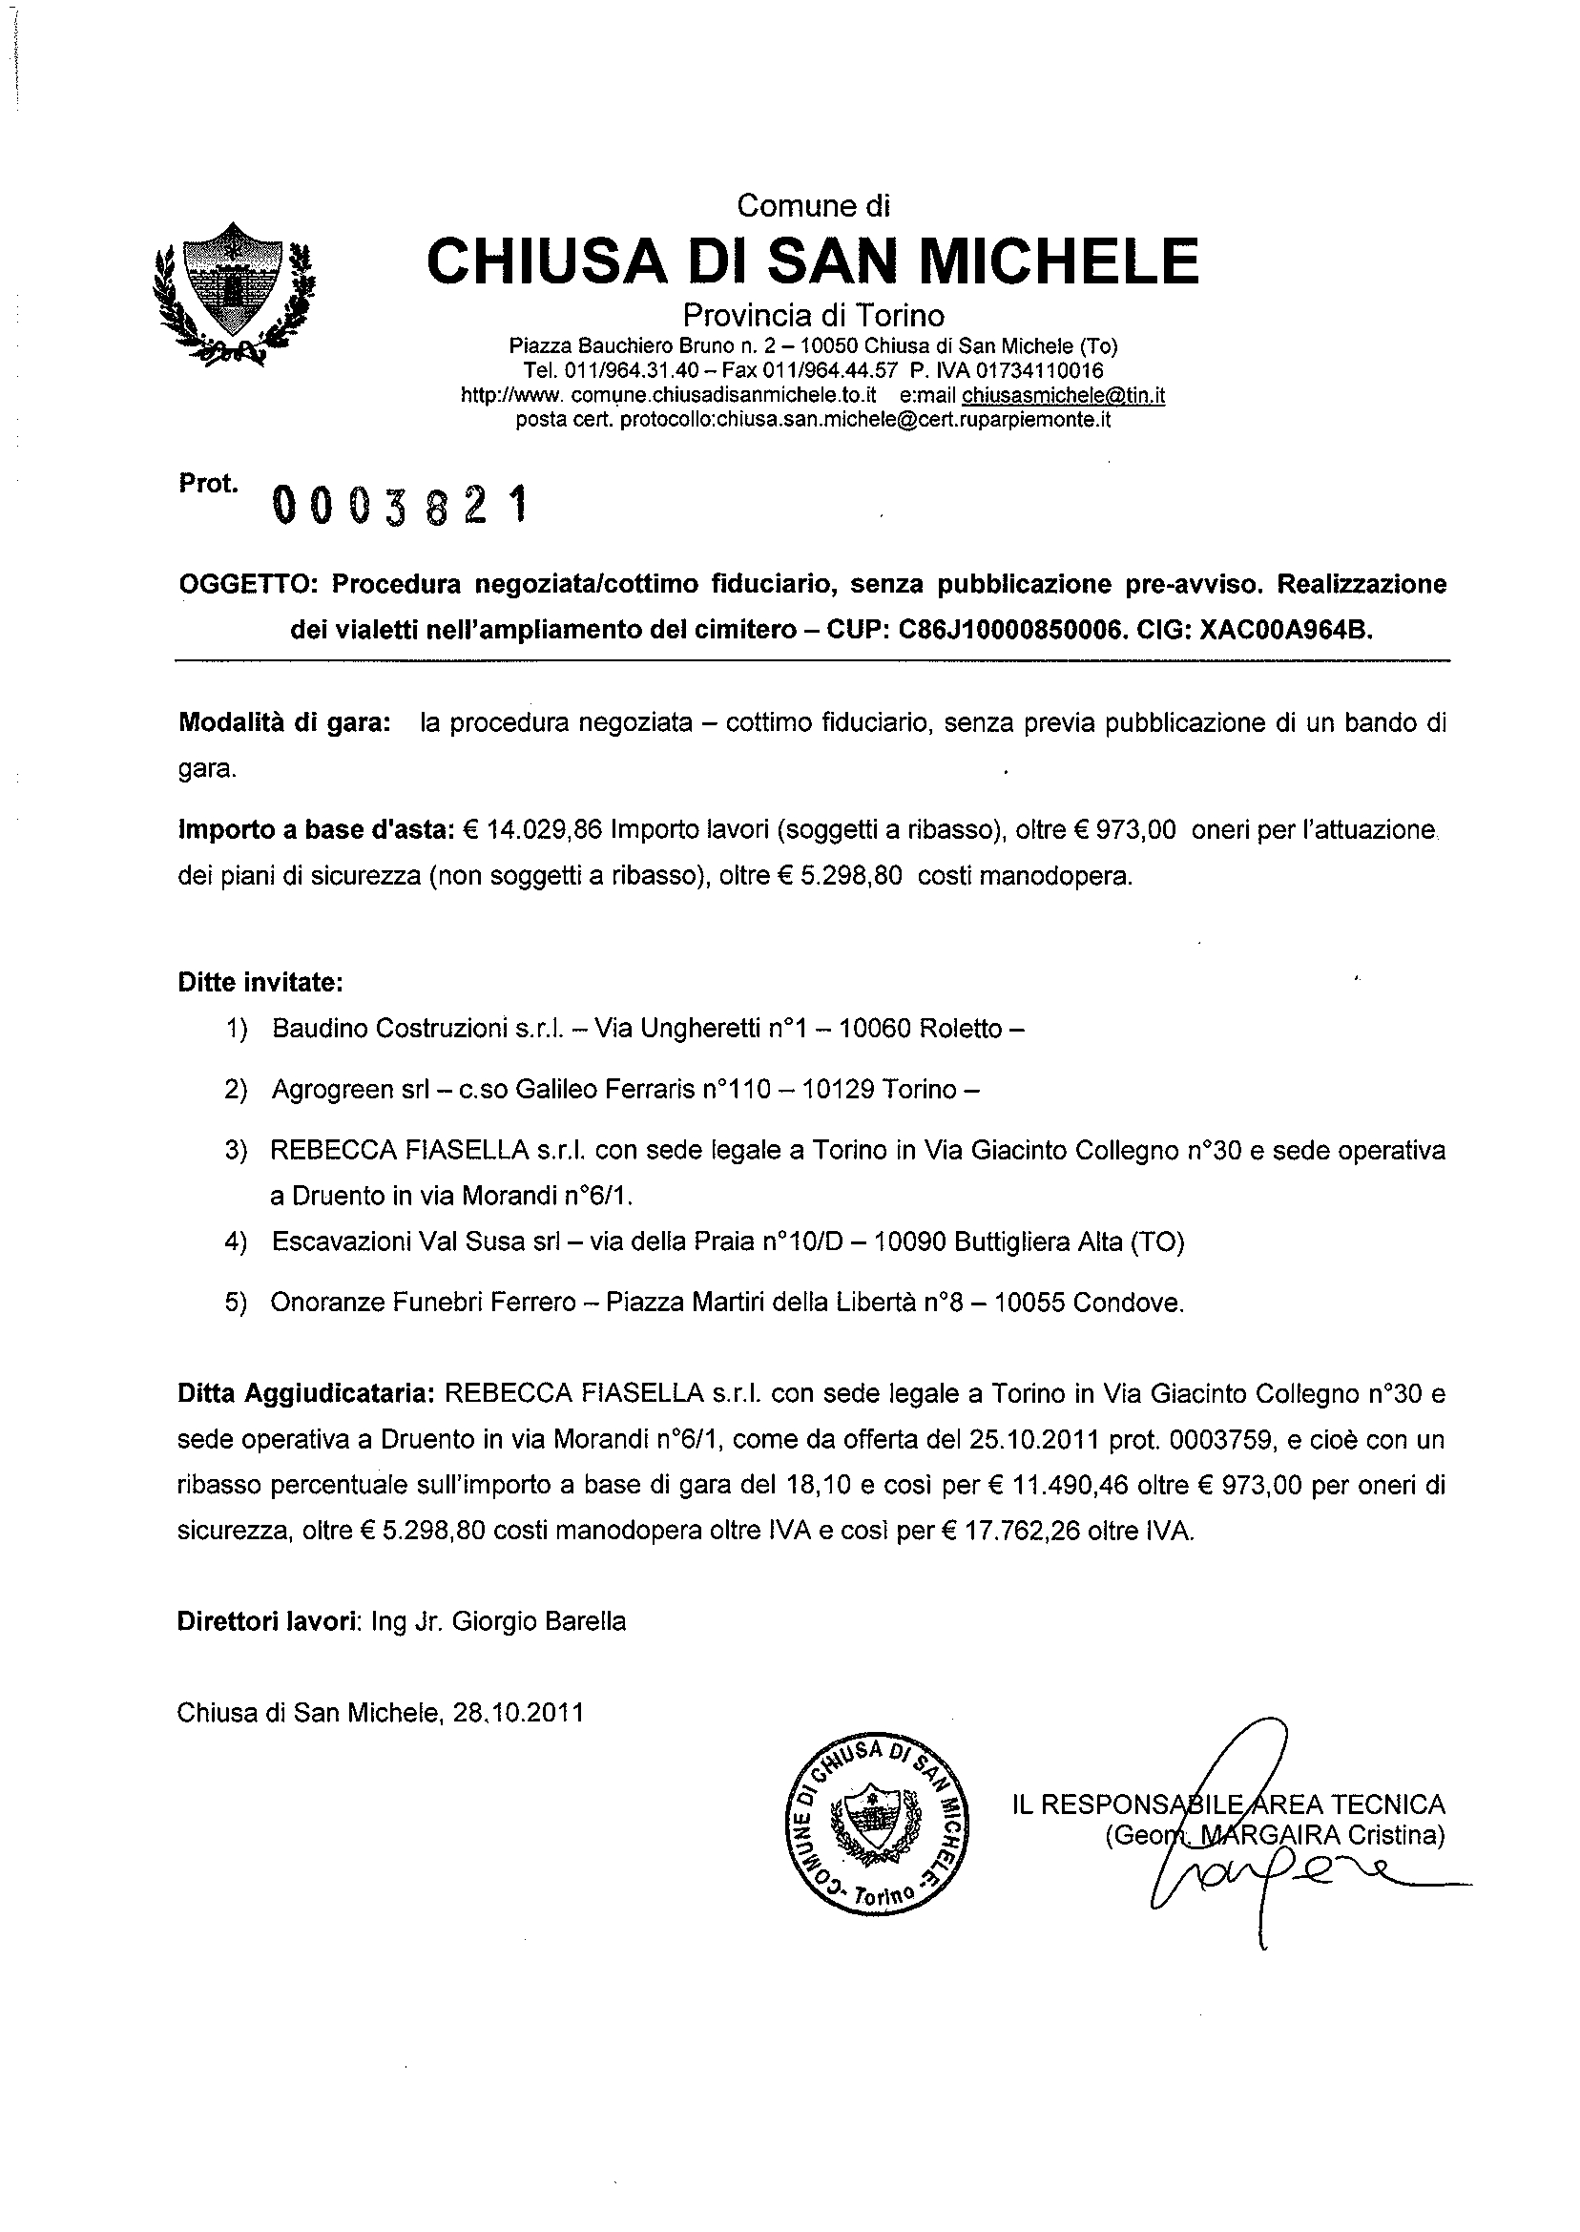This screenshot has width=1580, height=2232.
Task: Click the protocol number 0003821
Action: point(401,505)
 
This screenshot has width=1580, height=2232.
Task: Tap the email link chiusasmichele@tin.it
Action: point(1064,396)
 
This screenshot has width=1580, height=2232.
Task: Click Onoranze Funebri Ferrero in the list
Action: point(424,1303)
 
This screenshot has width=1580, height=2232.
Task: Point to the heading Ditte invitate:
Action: point(260,982)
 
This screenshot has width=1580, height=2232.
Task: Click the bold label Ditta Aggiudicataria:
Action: point(305,1394)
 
